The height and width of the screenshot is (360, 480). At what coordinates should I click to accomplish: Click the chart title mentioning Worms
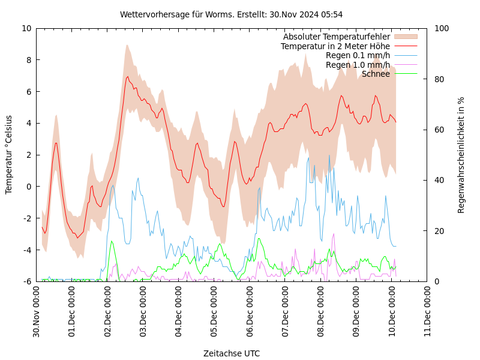click(231, 14)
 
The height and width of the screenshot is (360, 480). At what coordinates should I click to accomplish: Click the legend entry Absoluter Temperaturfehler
click(336, 37)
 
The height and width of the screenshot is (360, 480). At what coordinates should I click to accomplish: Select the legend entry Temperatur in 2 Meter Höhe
click(335, 46)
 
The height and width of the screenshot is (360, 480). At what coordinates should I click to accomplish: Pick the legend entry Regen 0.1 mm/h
click(358, 56)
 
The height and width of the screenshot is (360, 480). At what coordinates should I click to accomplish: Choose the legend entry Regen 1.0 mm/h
click(358, 65)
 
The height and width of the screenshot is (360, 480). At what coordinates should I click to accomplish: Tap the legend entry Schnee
click(376, 74)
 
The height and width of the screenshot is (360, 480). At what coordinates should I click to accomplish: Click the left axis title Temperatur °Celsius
click(9, 154)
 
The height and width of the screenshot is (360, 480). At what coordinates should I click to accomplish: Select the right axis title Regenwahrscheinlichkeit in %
click(461, 154)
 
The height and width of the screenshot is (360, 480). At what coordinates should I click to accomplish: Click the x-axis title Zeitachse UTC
click(232, 353)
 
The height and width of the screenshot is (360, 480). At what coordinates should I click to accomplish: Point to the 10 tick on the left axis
click(26, 28)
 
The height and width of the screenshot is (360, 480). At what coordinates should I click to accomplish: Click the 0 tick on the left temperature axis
click(28, 187)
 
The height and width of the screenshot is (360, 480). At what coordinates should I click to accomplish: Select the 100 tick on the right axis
click(442, 28)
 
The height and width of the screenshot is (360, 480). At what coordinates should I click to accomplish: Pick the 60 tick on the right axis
click(439, 130)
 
